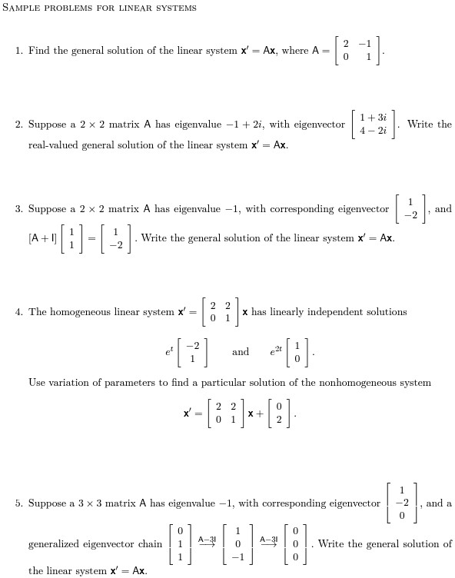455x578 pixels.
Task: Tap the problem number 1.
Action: click(x=18, y=51)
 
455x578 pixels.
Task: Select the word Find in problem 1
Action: click(x=40, y=51)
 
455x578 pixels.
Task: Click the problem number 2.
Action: click(x=18, y=125)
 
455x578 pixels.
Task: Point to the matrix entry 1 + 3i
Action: click(x=376, y=118)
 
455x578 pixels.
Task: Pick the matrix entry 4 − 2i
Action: click(x=376, y=130)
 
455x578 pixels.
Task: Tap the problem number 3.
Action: click(x=18, y=208)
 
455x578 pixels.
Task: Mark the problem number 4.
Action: click(x=18, y=312)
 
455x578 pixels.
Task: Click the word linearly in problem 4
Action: click(x=305, y=312)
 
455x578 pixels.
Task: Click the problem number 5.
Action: click(x=18, y=503)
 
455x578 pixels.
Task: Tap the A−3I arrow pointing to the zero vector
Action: click(x=270, y=540)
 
